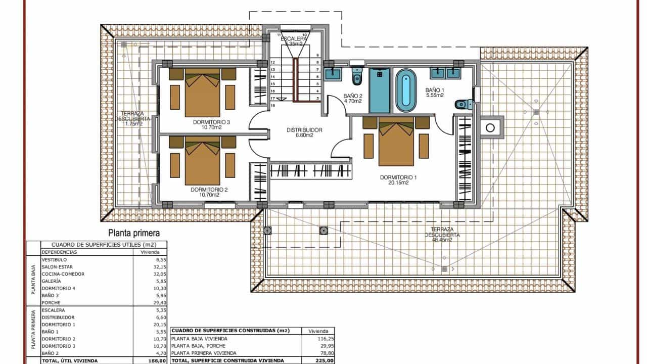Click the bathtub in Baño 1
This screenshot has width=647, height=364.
[405, 91]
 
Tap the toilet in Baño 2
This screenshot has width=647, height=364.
[357, 76]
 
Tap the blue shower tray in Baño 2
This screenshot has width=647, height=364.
[380, 91]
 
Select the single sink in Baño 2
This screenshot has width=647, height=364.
[333, 74]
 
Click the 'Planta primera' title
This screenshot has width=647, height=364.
[134, 233]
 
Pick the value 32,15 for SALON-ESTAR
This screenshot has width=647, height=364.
[152, 266]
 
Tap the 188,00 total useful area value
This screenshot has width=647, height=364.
[156, 361]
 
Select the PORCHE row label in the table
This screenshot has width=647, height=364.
[52, 302]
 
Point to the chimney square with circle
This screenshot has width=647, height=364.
[490, 128]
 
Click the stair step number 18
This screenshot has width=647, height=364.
[272, 106]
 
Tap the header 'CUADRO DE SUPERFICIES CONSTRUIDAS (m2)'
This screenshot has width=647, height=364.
[230, 331]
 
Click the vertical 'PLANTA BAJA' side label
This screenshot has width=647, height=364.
[33, 281]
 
